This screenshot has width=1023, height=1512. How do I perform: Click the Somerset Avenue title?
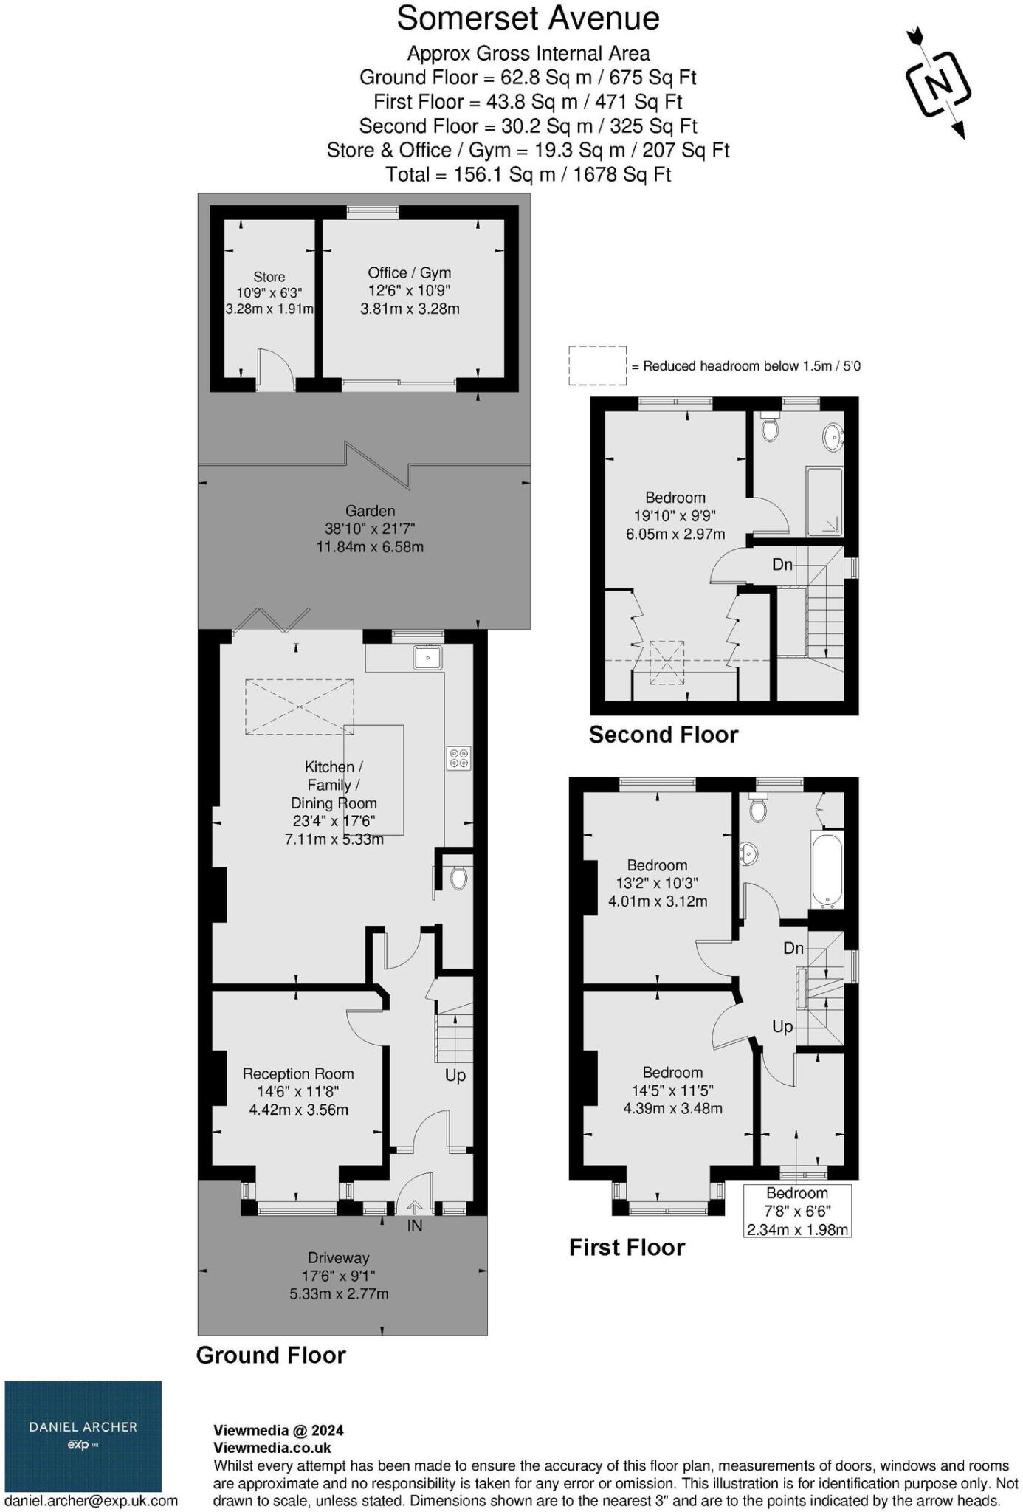pos(528,18)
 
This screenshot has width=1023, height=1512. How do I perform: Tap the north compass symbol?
pos(937,83)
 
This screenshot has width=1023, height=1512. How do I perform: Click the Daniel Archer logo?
pos(83,1436)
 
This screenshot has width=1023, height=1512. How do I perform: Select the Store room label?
pos(269,277)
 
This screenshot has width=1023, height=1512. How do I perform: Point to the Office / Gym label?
pos(409,272)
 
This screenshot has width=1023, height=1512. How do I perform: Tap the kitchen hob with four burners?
pos(458,758)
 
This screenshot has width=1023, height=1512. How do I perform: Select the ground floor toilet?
pos(458,878)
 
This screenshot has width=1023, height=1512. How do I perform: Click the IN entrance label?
pos(415,1226)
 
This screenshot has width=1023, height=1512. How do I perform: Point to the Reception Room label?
pos(298,1073)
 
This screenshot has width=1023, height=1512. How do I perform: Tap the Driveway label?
pos(339,1257)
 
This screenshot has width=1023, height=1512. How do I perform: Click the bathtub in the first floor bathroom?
pos(827,870)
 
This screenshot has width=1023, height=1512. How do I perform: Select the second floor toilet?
pos(770,428)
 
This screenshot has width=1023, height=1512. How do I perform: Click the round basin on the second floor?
pos(833,436)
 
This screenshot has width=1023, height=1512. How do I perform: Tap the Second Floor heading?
pos(663,735)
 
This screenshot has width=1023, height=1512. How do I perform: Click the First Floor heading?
pos(627,1248)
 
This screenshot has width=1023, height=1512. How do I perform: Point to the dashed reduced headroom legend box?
pos(597,365)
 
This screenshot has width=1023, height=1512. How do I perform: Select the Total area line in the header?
pos(528,175)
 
